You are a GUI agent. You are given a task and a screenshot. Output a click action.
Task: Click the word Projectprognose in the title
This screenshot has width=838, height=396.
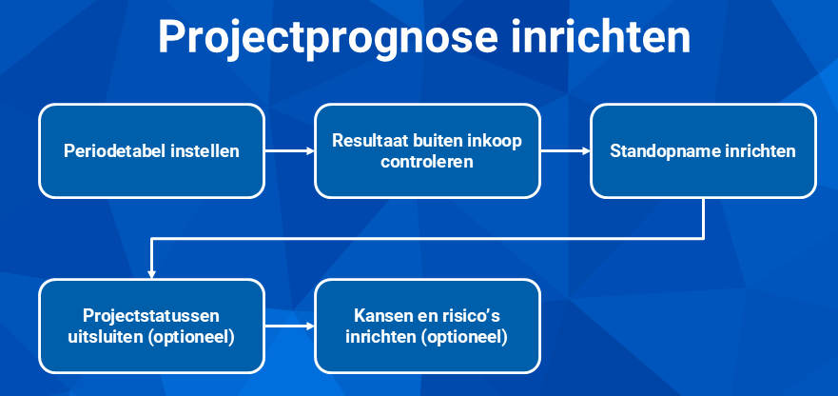(328, 37)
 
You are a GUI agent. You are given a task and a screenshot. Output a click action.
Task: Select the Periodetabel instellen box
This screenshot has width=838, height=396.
(152, 151)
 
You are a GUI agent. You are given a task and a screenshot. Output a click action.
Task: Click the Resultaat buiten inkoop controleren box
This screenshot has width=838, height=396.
(427, 151)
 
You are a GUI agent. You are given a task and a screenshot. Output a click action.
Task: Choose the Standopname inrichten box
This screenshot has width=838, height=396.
(703, 151)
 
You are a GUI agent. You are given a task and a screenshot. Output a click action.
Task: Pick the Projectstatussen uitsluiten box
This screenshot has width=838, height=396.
(152, 326)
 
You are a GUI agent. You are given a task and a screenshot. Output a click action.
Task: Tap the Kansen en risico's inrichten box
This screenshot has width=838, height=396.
(427, 326)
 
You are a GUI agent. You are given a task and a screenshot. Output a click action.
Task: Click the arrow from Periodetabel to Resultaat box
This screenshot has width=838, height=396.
(290, 151)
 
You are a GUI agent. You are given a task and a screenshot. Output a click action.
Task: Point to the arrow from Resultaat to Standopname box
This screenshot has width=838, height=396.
(565, 151)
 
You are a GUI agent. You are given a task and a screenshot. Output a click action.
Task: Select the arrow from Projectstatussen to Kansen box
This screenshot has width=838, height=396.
(290, 326)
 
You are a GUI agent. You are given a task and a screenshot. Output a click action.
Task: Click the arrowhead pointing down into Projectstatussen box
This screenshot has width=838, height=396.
(152, 274)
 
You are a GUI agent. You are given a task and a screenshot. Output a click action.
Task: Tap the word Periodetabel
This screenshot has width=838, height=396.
(115, 151)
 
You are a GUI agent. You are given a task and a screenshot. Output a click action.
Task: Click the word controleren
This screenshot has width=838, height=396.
(427, 161)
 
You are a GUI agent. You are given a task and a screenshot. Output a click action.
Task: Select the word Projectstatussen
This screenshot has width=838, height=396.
(151, 316)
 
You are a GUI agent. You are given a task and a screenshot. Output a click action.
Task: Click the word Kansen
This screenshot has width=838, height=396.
(378, 316)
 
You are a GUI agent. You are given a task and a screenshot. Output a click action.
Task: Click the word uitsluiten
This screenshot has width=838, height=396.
(101, 338)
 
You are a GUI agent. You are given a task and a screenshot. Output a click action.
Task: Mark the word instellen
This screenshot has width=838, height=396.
(205, 151)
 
